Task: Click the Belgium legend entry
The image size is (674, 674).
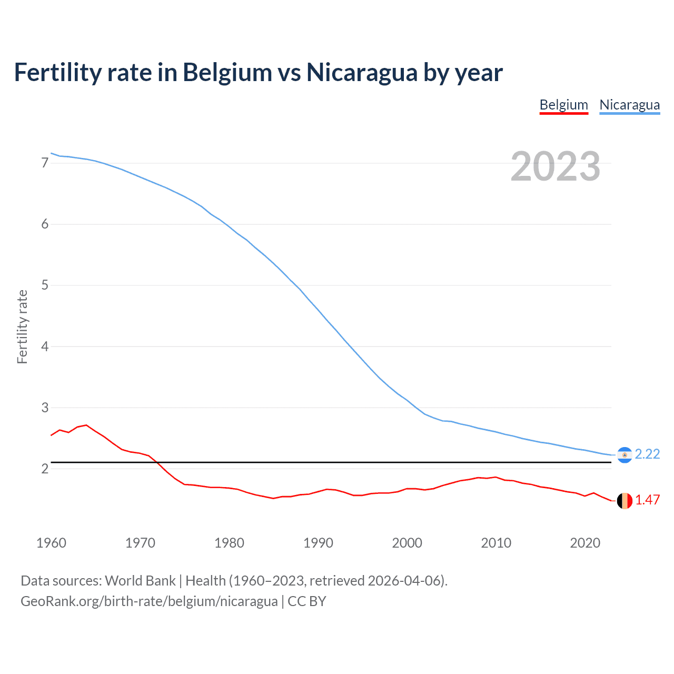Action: point(563,105)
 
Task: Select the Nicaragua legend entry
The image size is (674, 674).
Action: point(629,105)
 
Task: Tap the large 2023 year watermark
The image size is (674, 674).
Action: point(556,166)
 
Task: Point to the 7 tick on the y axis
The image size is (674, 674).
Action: point(45,163)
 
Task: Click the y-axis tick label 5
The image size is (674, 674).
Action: point(45,285)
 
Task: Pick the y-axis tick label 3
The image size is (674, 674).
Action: point(45,408)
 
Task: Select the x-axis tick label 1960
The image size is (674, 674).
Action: point(51,543)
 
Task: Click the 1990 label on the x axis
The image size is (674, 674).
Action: point(318,543)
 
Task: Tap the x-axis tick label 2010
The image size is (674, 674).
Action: point(496,543)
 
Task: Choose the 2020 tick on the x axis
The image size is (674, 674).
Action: point(585,543)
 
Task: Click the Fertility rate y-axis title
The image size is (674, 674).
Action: point(22,326)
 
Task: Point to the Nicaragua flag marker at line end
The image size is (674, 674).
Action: point(625,455)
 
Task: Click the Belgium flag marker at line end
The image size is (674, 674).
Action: point(625,501)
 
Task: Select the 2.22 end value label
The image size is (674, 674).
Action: point(647,454)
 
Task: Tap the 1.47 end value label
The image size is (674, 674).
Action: point(647,500)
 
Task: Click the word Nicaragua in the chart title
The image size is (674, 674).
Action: point(362,73)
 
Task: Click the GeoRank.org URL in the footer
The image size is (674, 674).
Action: point(149,601)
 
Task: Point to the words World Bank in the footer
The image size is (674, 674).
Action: point(140,581)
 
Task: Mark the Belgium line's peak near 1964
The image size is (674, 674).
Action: point(86,425)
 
